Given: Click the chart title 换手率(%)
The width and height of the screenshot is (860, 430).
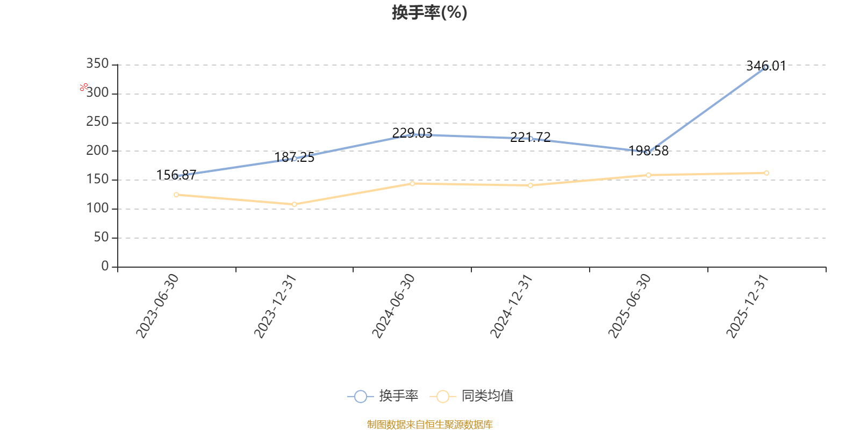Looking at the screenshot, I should click(x=429, y=12).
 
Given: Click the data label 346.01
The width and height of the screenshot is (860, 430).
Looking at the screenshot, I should click(x=766, y=66).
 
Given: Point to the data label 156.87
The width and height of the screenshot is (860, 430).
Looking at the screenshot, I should click(x=176, y=175).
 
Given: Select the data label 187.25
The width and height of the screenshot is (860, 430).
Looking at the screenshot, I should click(x=295, y=157).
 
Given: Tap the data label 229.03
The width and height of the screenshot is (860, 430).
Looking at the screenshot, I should click(x=412, y=133).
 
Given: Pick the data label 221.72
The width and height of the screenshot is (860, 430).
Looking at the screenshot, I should click(x=531, y=137).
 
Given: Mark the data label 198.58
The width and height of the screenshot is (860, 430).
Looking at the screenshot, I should click(x=649, y=150).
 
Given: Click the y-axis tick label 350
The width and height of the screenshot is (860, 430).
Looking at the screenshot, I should click(x=97, y=64).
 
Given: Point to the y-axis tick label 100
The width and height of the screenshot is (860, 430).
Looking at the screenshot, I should click(x=97, y=209).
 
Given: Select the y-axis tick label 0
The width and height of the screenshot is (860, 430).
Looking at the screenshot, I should click(x=105, y=267).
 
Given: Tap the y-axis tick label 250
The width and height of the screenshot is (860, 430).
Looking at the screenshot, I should click(x=97, y=122).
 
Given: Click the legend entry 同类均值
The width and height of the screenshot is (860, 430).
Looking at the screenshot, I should click(x=487, y=396).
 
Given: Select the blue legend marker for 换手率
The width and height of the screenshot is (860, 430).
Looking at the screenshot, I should click(x=361, y=397).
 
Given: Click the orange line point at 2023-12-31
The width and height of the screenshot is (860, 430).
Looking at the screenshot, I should click(x=295, y=204).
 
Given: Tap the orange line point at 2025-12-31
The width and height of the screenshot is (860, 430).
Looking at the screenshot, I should click(x=766, y=173).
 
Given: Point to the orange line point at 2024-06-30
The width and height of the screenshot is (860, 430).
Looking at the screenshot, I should click(x=412, y=183).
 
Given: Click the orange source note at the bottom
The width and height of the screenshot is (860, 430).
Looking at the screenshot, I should click(x=429, y=425).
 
